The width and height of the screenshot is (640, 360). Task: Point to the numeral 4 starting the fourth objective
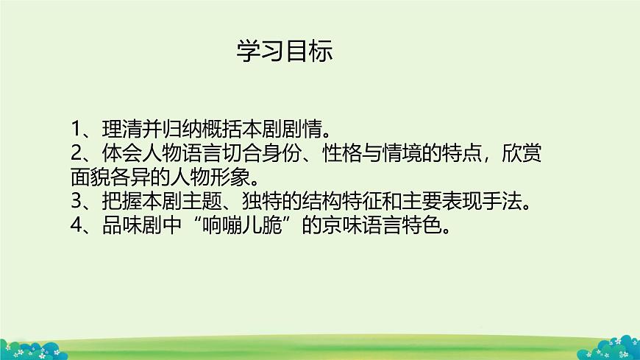(77, 225)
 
